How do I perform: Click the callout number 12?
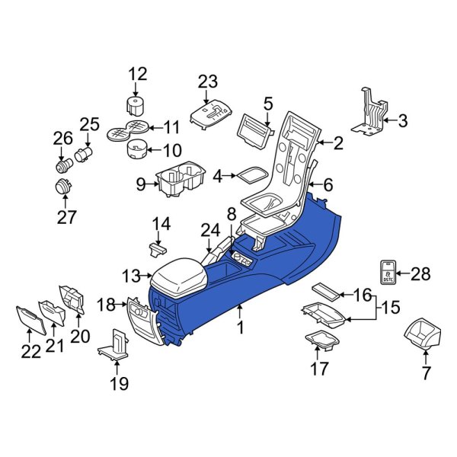click(137, 74)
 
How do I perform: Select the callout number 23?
click(208, 81)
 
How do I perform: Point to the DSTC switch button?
click(388, 272)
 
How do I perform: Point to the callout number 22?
click(27, 353)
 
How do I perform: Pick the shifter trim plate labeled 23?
click(210, 113)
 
